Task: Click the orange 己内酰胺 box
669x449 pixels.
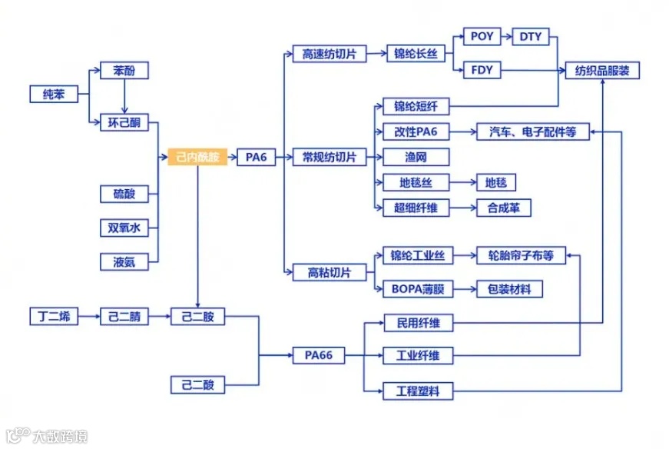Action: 197,157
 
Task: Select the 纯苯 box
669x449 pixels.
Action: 54,95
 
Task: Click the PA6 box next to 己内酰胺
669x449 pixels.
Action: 256,157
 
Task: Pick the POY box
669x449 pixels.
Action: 482,37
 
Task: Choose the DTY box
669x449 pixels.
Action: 530,37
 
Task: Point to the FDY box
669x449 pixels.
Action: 482,71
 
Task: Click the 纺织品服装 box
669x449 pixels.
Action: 602,71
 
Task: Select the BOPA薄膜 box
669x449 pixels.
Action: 416,289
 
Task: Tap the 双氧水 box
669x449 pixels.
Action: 124,228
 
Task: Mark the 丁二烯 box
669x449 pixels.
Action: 54,315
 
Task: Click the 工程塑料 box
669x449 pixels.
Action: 418,391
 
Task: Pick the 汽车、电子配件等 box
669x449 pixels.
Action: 532,132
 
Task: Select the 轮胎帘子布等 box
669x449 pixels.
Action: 521,255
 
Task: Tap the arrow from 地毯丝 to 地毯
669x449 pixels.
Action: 462,182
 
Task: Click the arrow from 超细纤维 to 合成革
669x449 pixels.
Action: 462,208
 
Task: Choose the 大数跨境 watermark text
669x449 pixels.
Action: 59,436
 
